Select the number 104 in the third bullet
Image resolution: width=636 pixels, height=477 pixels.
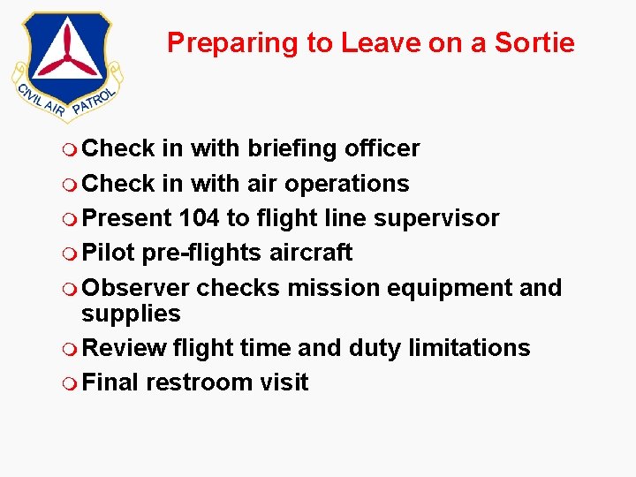tap(200, 218)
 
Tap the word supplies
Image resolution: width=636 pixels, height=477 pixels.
tap(131, 314)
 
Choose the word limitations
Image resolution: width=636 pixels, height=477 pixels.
tap(469, 348)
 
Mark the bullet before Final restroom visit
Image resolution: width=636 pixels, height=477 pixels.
tap(71, 383)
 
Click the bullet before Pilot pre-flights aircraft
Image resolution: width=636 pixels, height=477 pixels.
tap(71, 254)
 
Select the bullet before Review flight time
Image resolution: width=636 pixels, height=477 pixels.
tap(71, 349)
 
